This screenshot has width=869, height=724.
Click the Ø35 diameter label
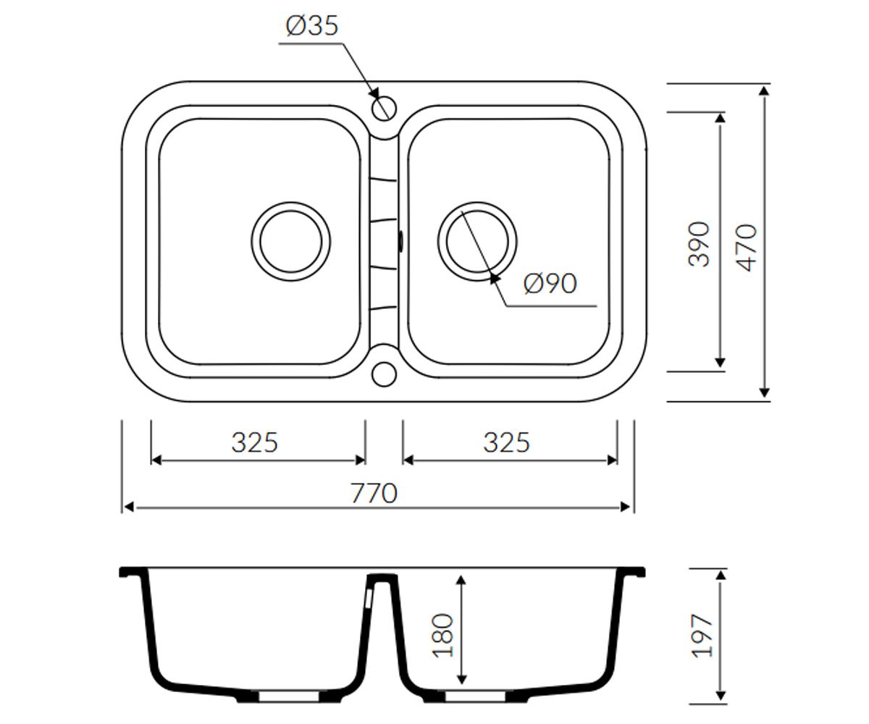point(312,26)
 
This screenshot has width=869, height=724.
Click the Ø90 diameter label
point(550,284)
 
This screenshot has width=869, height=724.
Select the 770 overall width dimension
point(374,494)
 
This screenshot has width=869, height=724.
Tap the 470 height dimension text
point(748,248)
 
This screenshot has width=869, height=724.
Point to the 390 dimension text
point(698,244)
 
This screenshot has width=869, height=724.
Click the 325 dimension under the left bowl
point(255,442)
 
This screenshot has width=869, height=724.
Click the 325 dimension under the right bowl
point(506,442)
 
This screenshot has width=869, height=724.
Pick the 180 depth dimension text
point(442,636)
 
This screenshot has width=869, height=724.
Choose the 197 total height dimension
point(702,636)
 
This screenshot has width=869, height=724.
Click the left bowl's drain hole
point(291,242)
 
